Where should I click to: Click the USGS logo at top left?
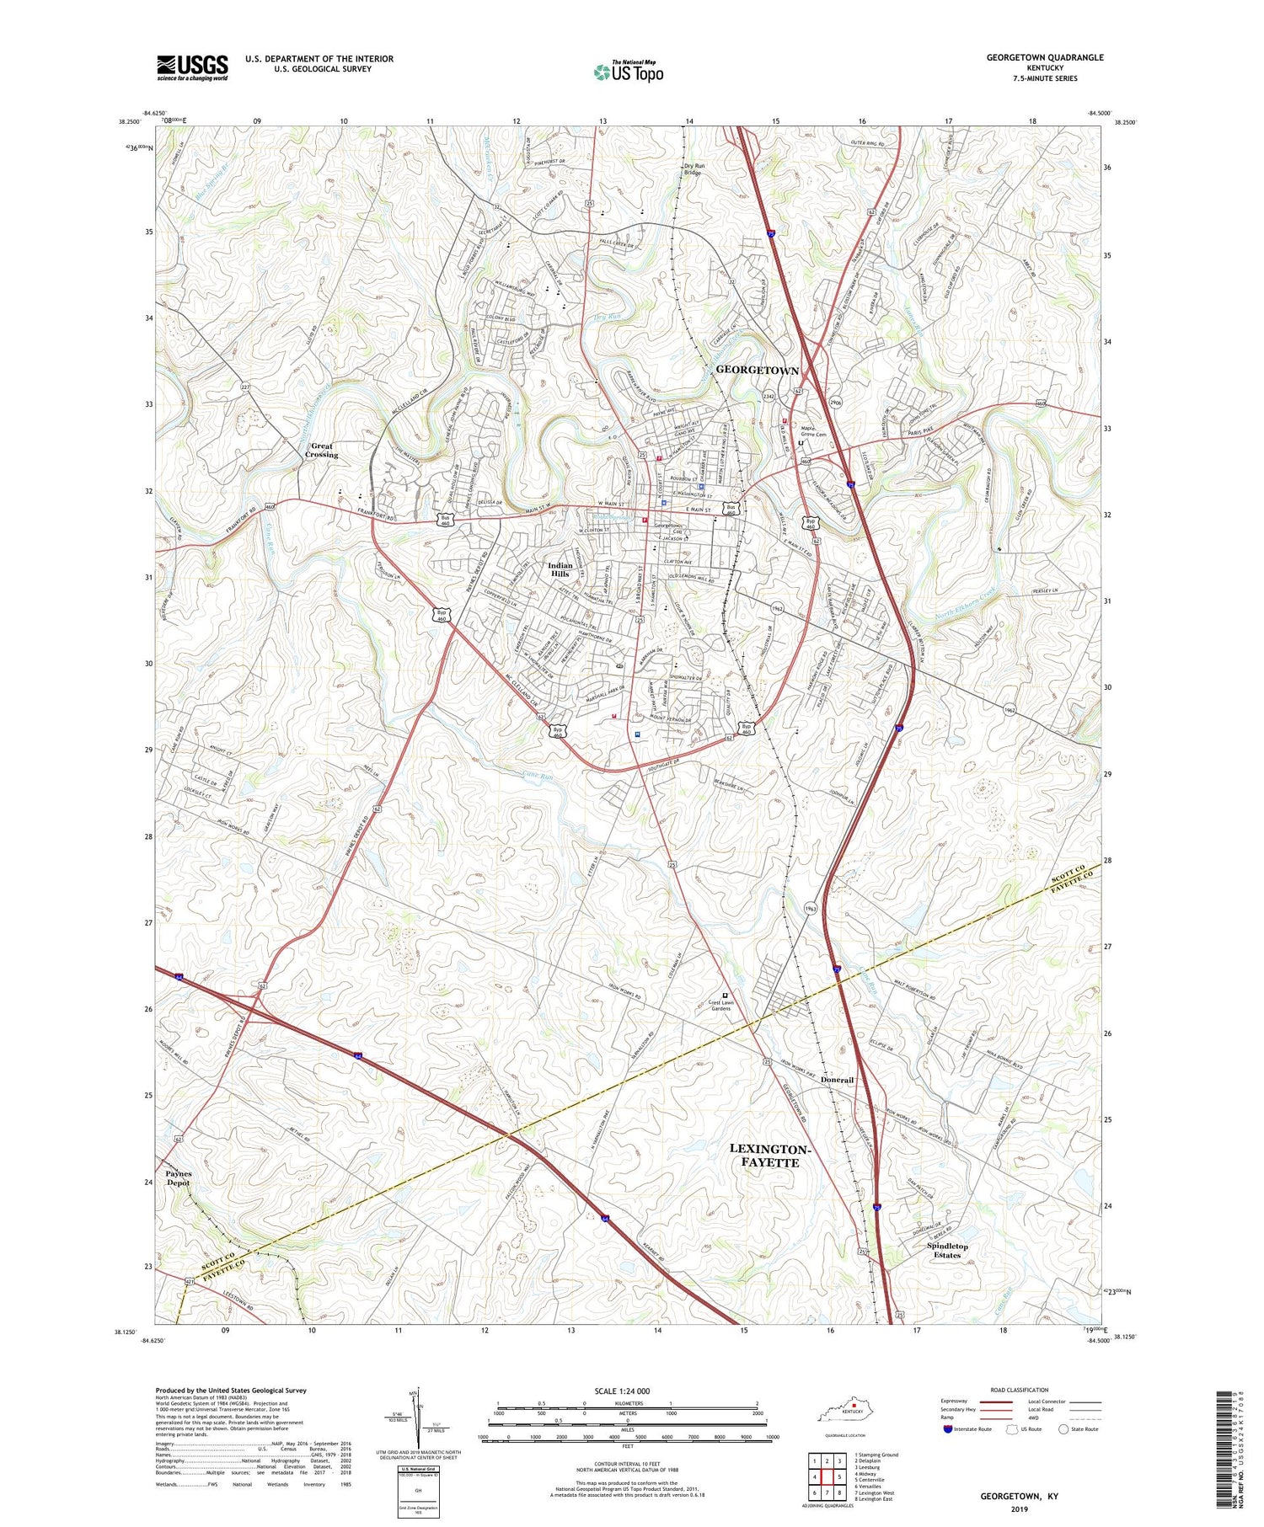[x=192, y=67]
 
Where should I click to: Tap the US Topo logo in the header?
[x=628, y=72]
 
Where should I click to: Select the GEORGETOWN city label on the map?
[x=757, y=371]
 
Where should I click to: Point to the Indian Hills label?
[x=560, y=570]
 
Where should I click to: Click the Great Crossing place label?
[x=321, y=451]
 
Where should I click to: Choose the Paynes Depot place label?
[x=179, y=1177]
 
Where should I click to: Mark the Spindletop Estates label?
[x=947, y=1250]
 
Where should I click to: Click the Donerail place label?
[x=837, y=1080]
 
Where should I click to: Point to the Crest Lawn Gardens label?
[x=720, y=1006]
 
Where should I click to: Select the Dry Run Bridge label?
[x=694, y=169]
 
